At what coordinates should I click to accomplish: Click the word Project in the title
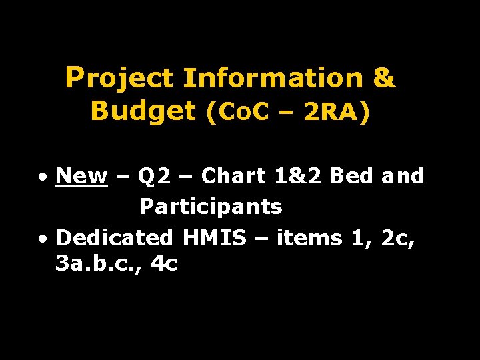click(119, 79)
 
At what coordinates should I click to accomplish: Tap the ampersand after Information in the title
click(384, 79)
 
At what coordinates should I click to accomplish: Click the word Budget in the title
click(143, 111)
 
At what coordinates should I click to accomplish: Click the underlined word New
click(82, 176)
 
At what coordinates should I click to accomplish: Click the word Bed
click(353, 176)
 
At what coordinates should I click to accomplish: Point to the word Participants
click(211, 207)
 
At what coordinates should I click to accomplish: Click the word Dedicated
click(115, 237)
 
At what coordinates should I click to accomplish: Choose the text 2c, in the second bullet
click(399, 237)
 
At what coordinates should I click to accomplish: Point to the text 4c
click(164, 265)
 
